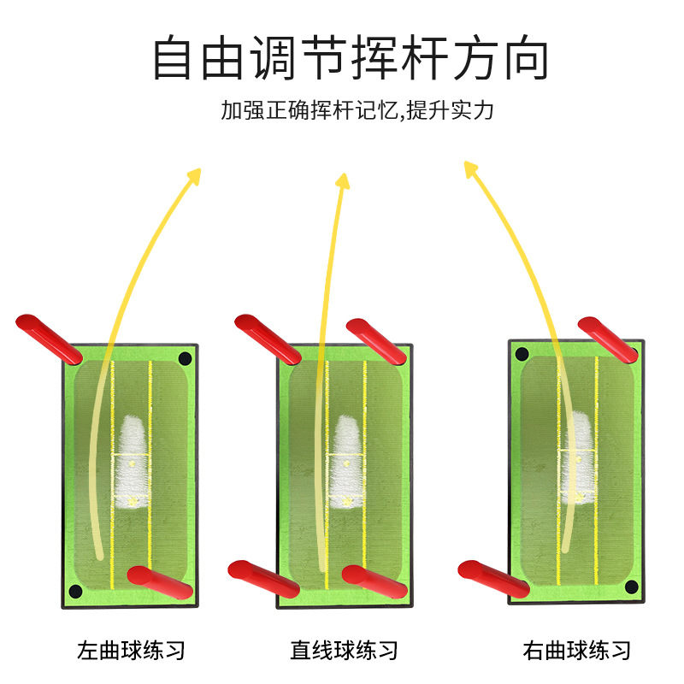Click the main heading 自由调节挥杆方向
point(351,58)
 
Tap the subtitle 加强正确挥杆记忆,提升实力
point(357,110)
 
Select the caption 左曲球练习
point(131,650)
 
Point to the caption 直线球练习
point(344,650)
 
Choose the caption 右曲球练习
point(577,650)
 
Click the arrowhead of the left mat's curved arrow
point(194,176)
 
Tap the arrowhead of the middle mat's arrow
point(342,180)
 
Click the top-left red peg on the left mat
point(48,336)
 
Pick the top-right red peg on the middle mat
point(376,339)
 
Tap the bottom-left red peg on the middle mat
point(263,578)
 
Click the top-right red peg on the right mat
point(608,337)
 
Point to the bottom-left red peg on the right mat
point(493,579)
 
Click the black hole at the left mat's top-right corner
point(184,357)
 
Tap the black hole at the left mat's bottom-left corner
point(75,591)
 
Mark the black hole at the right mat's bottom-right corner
point(631,587)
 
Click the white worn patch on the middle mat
point(346,462)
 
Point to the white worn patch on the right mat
point(577,462)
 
